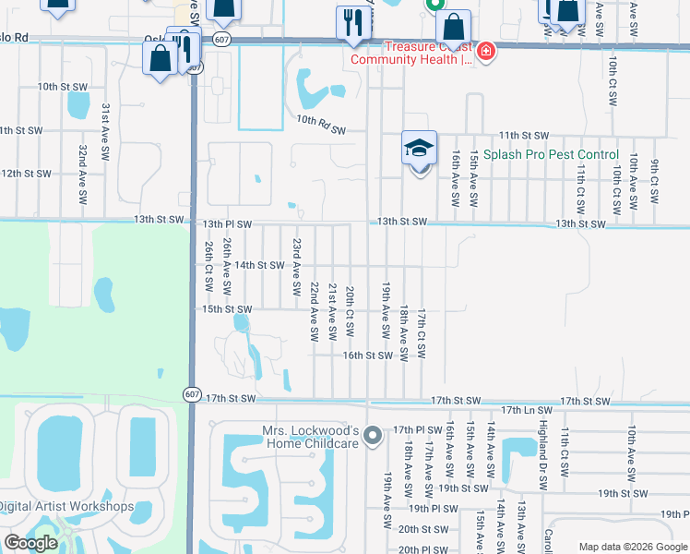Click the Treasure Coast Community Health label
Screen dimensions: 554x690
pos(410,54)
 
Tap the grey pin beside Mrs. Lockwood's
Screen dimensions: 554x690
pos(372,433)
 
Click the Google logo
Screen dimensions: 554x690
pos(30,543)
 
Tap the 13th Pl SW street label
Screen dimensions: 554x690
pos(226,223)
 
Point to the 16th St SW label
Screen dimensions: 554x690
pos(367,355)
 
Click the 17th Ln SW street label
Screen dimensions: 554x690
pos(527,409)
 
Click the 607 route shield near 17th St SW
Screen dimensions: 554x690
pos(191,394)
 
